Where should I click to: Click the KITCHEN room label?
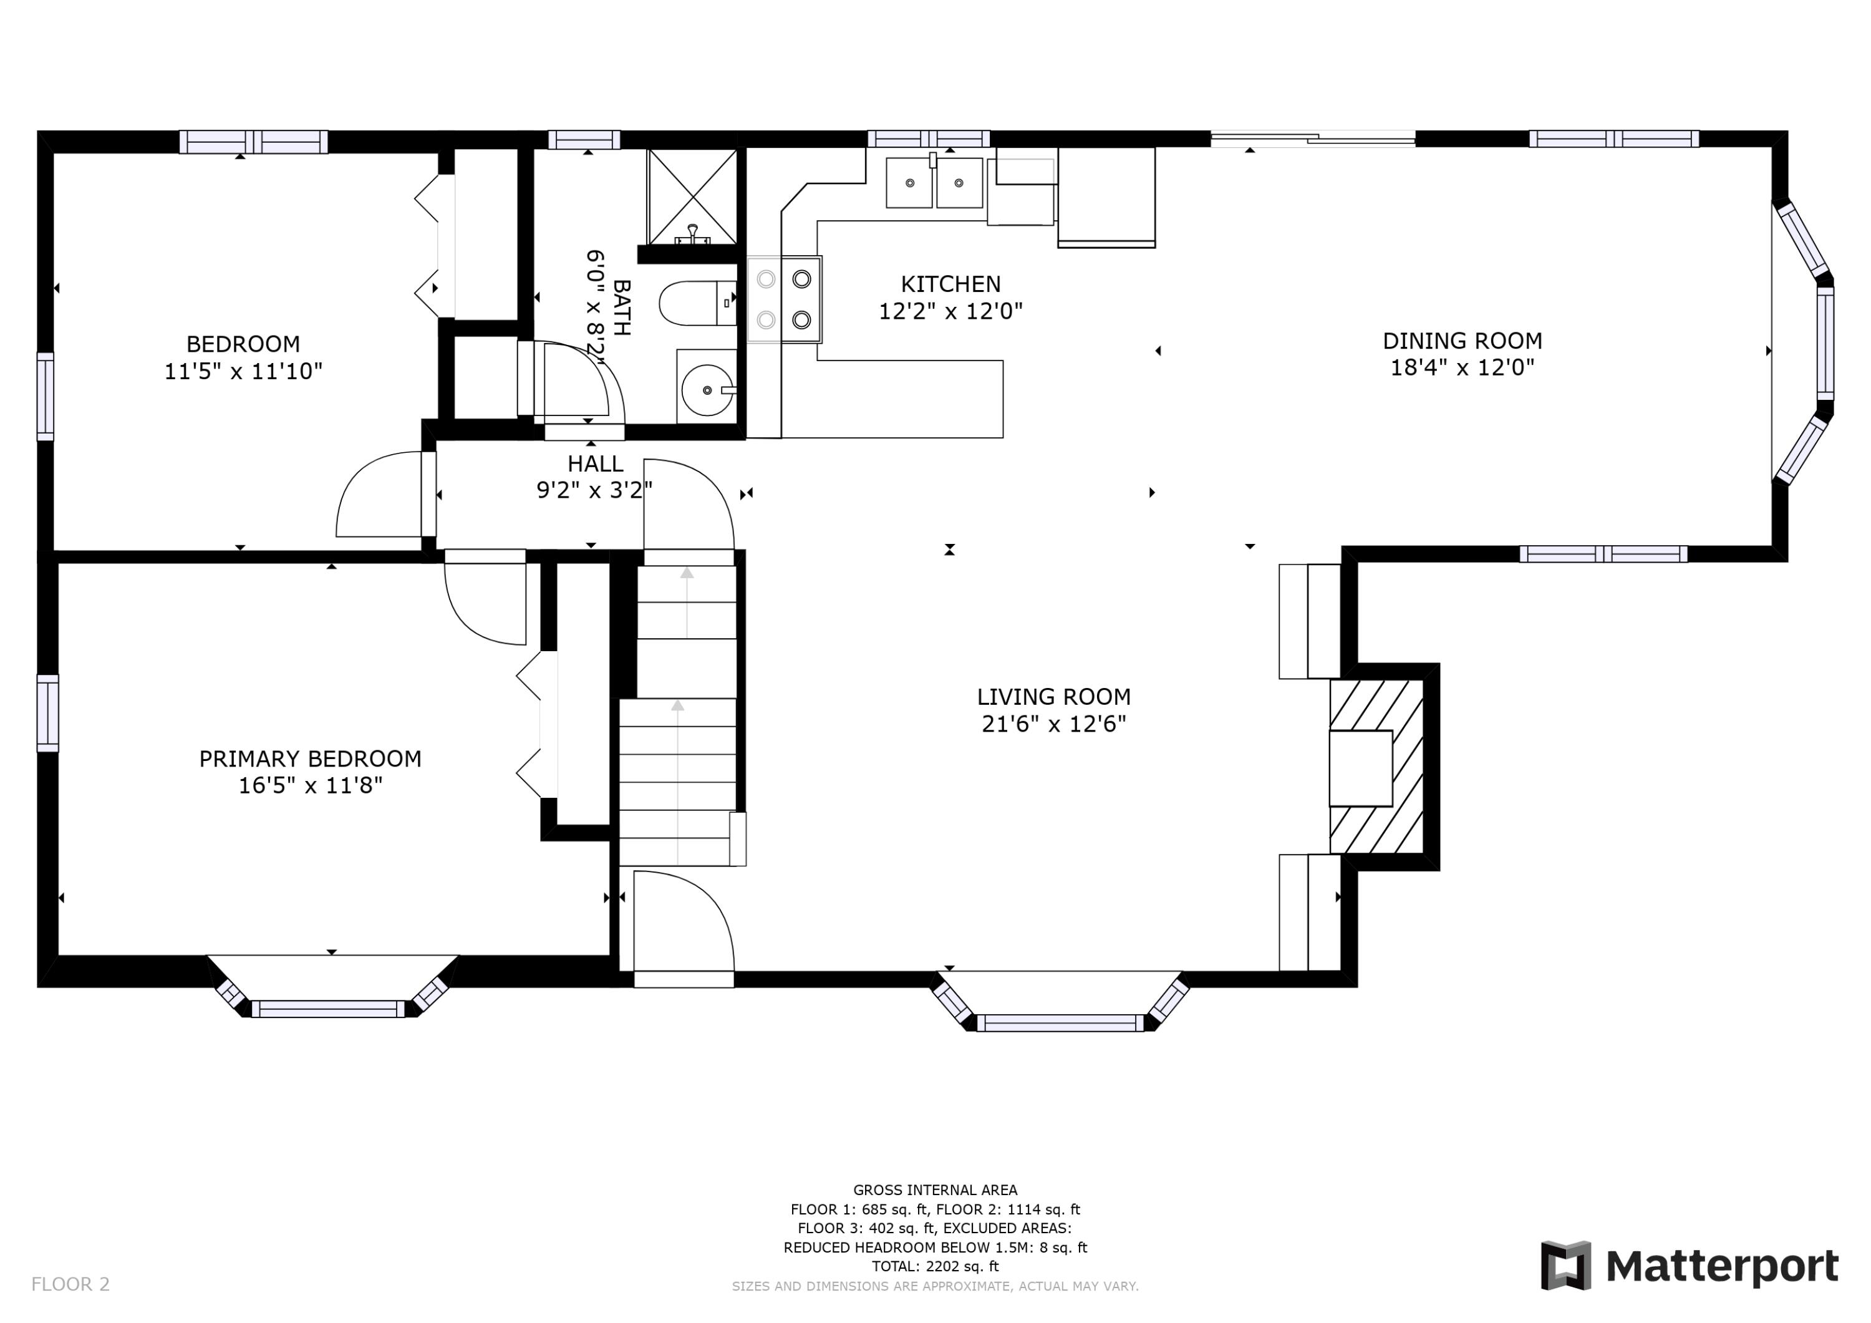click(x=950, y=284)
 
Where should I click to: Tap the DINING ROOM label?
click(x=1462, y=341)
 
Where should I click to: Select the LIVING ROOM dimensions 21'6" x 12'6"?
click(x=1053, y=724)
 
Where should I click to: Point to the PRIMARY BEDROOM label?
click(x=311, y=759)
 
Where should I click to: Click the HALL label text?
click(x=596, y=464)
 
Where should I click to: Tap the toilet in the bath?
click(x=697, y=303)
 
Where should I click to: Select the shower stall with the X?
click(x=692, y=196)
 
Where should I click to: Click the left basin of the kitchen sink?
click(x=909, y=183)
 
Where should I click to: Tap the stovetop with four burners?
click(x=785, y=299)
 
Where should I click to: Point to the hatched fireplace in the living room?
click(x=1376, y=767)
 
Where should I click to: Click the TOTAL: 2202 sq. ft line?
click(x=935, y=1267)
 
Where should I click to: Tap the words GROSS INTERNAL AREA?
click(x=935, y=1190)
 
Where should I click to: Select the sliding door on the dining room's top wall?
click(x=1313, y=139)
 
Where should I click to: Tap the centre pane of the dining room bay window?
click(x=1825, y=343)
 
